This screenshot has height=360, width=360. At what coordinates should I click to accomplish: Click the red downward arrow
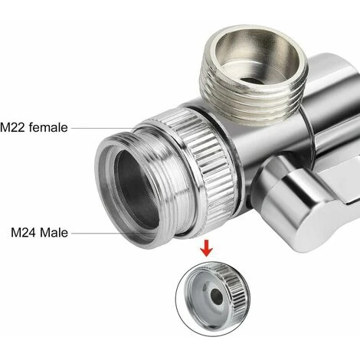point(207,248)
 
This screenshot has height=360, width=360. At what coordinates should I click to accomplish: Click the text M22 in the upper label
point(12,127)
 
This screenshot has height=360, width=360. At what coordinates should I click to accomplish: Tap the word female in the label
point(48,127)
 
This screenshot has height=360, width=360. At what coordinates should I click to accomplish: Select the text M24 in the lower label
point(24,233)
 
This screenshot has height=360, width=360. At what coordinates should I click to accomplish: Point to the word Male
point(54,233)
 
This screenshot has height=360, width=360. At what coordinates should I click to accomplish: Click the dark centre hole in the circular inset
point(217,296)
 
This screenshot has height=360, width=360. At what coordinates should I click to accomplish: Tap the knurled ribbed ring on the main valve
point(201,163)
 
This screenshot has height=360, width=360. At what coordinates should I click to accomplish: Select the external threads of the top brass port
point(253,102)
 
